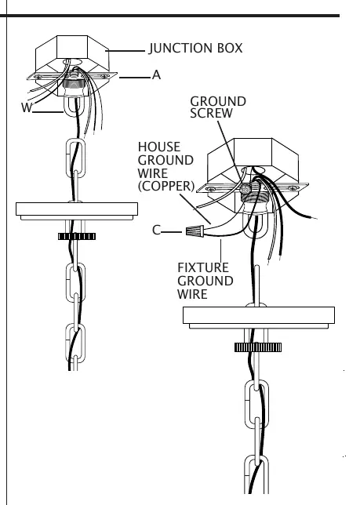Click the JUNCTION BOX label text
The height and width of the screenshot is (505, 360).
tap(196, 49)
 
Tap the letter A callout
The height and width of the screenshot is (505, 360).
tap(156, 75)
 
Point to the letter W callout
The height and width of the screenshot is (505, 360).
tap(27, 107)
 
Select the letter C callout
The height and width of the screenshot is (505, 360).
tap(156, 231)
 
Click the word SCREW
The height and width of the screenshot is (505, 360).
tap(211, 114)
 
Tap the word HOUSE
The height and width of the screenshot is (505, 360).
tap(159, 147)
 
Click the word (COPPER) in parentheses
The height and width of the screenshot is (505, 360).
tap(166, 186)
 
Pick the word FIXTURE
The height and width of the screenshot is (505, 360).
tap(203, 267)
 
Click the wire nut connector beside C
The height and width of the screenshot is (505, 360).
tap(195, 231)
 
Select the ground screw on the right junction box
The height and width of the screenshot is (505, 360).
tap(246, 188)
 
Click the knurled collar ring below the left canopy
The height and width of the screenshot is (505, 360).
tap(77, 236)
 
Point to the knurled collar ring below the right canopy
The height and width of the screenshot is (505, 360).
tap(258, 347)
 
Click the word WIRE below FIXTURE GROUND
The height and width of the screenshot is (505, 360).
tap(192, 294)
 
